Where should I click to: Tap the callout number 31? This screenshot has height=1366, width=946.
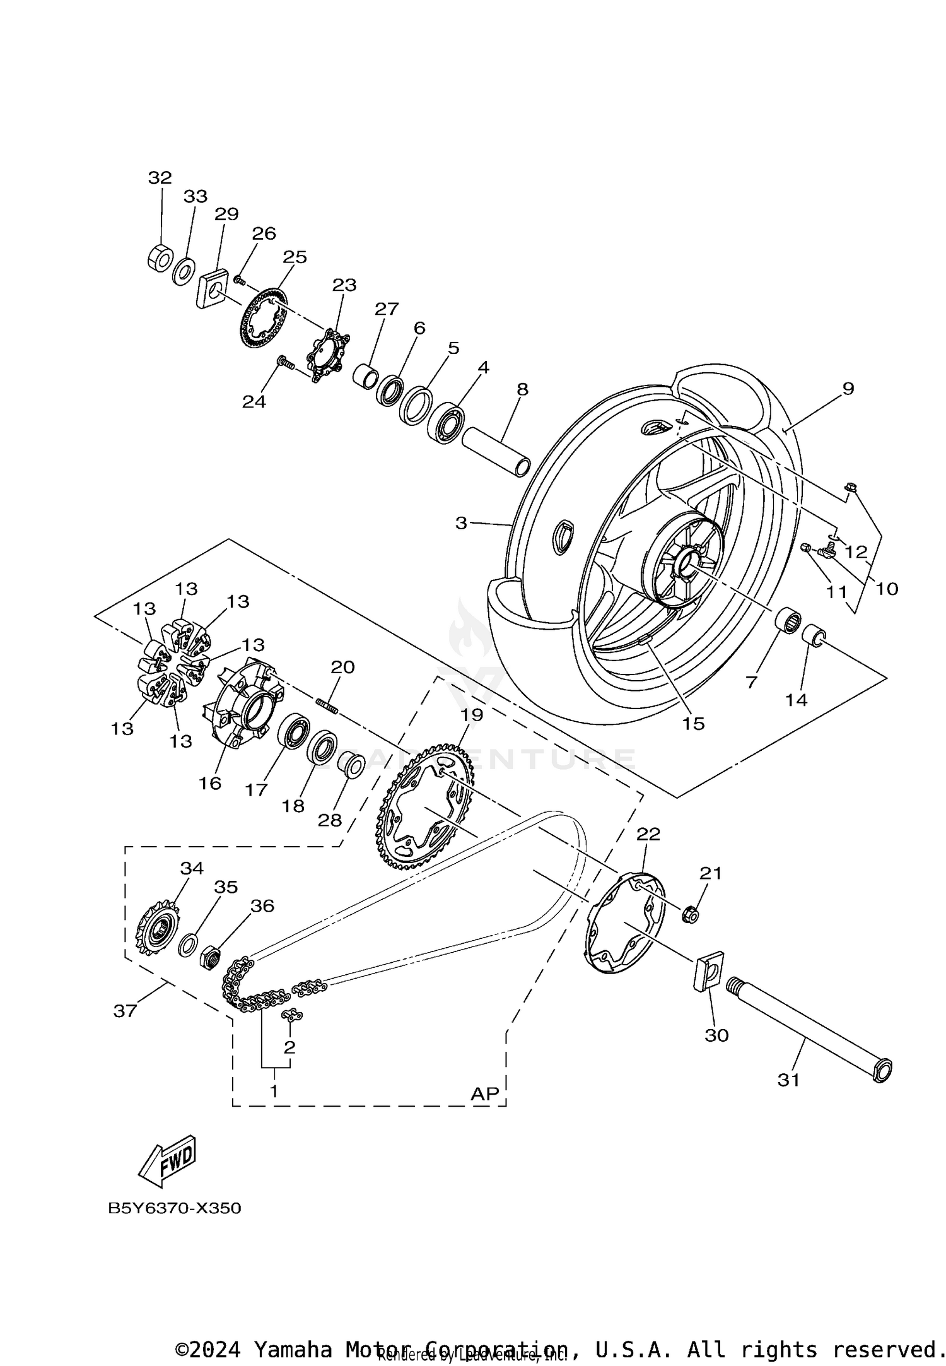788,1080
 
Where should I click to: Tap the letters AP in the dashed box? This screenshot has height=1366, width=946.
484,1093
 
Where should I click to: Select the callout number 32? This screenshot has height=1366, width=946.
160,178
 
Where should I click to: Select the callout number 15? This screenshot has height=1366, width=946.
693,724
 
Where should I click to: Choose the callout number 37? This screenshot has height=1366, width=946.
125,1011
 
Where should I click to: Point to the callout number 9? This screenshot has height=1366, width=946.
848,389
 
